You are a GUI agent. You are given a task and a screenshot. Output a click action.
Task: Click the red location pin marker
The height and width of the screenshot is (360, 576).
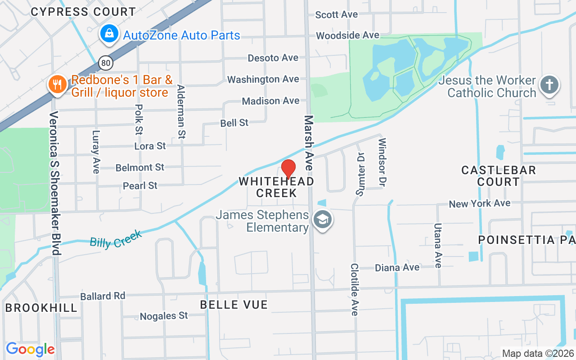[x=288, y=169]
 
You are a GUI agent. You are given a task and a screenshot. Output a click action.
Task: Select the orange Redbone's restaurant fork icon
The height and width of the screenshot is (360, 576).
[x=57, y=84]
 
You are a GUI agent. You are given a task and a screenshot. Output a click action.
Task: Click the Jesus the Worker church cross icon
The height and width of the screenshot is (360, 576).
[x=549, y=85]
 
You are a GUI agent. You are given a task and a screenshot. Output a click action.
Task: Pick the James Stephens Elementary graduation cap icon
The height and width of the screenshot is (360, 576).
[x=323, y=220]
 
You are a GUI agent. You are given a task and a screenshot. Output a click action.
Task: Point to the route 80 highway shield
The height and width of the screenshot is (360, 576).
[x=106, y=63]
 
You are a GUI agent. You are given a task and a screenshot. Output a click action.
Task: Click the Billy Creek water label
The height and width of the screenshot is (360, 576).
[x=116, y=238]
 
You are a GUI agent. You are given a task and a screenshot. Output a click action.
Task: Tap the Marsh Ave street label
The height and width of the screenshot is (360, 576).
[x=309, y=143]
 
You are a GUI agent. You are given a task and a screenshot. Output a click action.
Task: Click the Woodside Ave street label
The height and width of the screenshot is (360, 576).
[x=347, y=35]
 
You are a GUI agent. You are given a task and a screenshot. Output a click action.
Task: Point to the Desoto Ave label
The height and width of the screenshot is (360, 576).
[x=273, y=58]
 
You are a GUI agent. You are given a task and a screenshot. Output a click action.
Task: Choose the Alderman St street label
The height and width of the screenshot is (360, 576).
[x=181, y=111]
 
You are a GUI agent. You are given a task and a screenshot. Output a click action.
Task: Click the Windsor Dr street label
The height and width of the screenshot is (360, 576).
[x=382, y=162]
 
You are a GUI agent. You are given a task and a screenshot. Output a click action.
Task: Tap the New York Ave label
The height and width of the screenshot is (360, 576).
[x=479, y=203]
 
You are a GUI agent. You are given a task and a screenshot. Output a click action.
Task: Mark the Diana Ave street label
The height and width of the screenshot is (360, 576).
[x=397, y=268]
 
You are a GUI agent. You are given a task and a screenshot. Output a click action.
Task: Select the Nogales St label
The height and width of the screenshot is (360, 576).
[x=164, y=316]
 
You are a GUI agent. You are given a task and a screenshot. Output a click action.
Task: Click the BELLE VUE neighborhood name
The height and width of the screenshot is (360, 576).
[x=234, y=305]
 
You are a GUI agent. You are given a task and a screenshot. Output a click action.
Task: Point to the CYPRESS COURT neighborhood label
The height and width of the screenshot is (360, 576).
[x=83, y=12]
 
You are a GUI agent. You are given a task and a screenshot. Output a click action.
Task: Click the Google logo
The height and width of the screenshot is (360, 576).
[x=30, y=349]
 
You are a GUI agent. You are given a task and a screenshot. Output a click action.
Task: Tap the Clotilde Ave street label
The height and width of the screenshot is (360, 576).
[x=355, y=289]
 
